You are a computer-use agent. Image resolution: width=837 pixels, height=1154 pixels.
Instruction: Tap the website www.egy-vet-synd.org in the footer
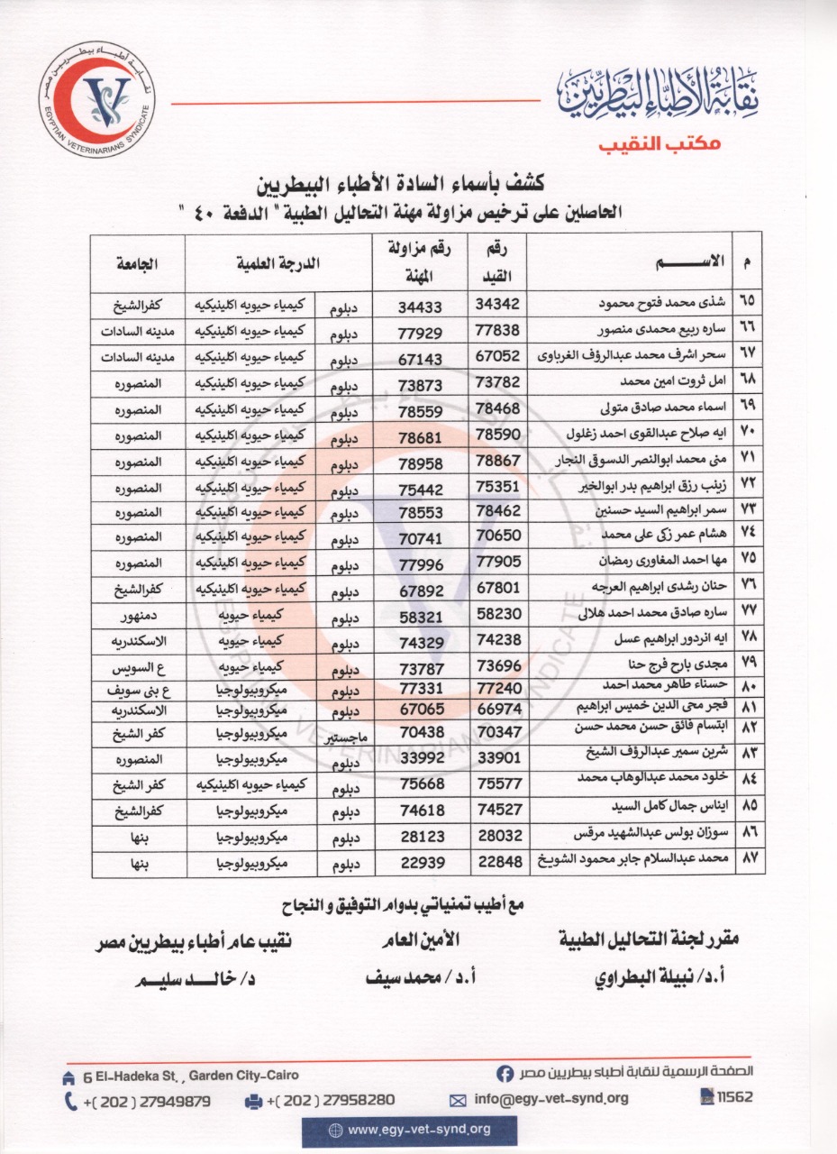(x=410, y=1129)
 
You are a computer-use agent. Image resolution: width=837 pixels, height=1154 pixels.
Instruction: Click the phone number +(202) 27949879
(x=138, y=1100)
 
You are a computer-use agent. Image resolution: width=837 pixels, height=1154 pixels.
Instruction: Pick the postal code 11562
(x=727, y=1097)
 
